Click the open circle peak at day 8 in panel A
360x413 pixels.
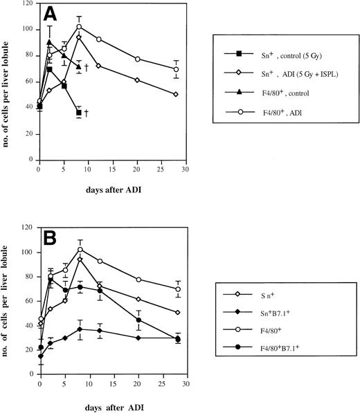tap(79, 27)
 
